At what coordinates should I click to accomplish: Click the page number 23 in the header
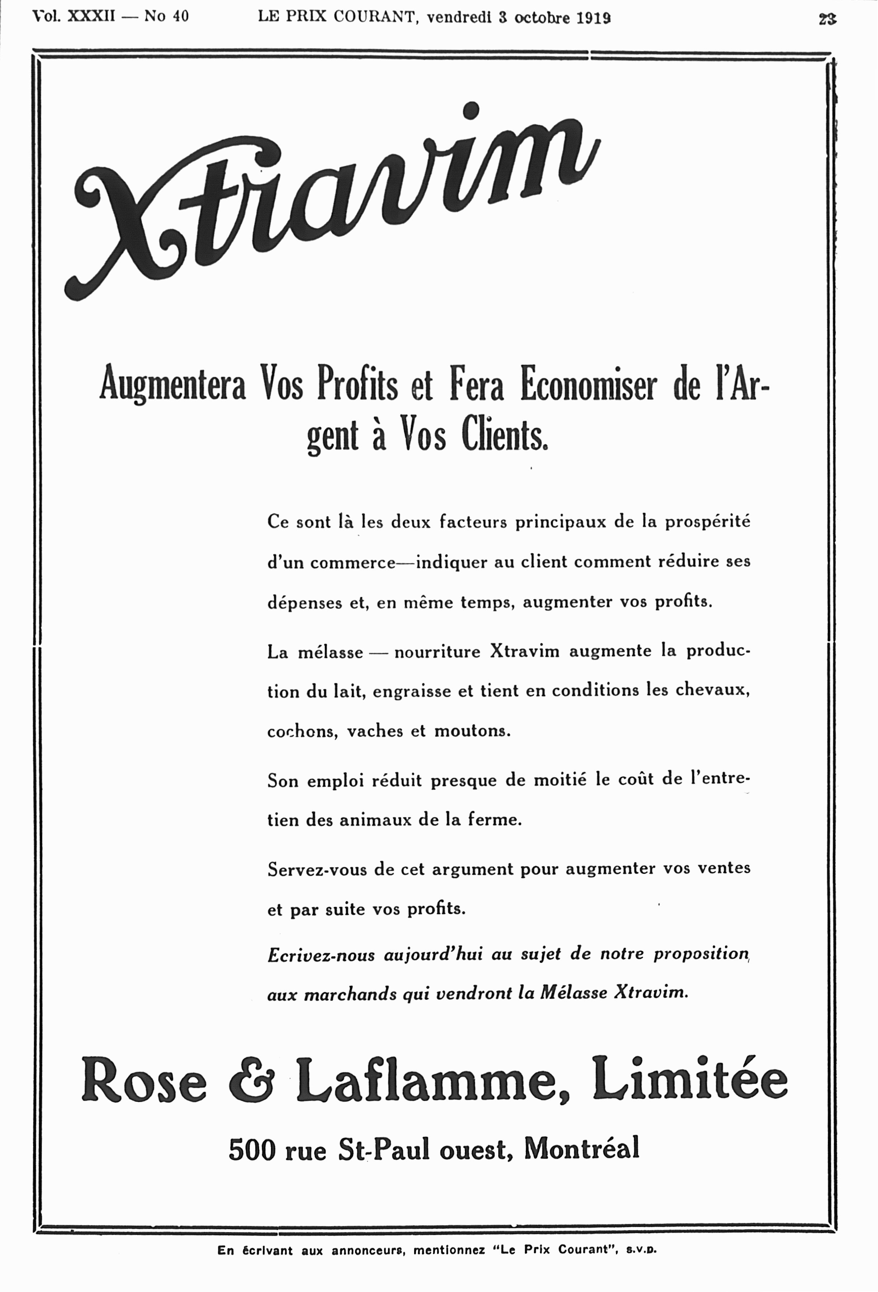pos(827,19)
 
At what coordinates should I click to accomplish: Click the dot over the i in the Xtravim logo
pos(471,109)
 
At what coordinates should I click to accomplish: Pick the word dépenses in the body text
pos(304,603)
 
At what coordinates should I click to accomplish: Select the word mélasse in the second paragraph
pos(330,652)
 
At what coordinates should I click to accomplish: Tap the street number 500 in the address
pos(252,1149)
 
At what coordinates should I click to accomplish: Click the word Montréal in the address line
pos(582,1148)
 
